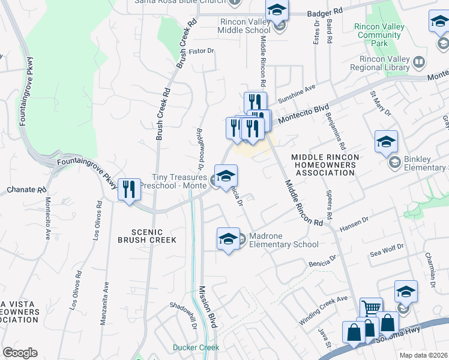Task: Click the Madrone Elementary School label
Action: tap(283, 240)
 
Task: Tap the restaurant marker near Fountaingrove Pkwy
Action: tap(129, 190)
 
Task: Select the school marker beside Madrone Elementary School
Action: tap(228, 239)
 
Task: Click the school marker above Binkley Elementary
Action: tap(386, 142)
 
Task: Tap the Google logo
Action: tap(20, 352)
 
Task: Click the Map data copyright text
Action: tap(424, 355)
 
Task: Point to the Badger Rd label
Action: tap(324, 12)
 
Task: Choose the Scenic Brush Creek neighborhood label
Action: tap(154, 235)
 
